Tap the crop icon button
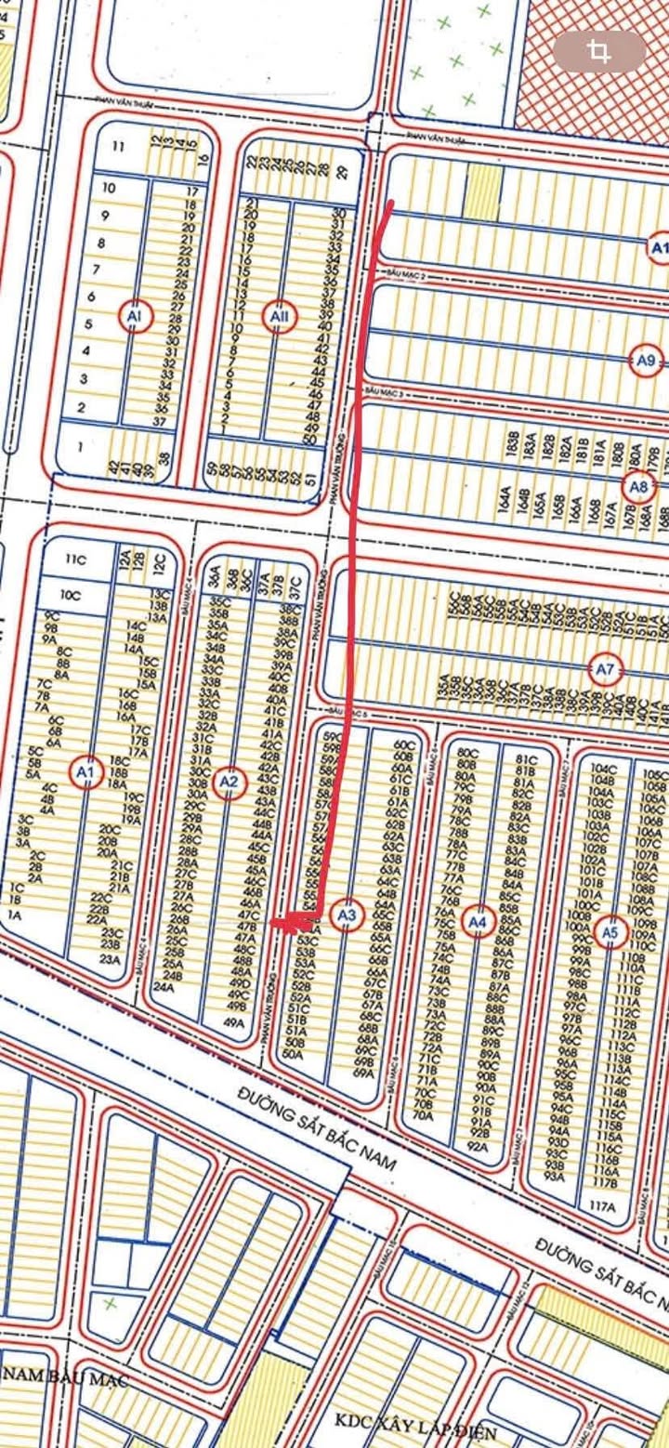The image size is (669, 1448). (x=599, y=52)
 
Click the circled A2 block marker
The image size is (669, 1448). (x=229, y=783)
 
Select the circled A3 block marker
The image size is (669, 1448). (x=348, y=915)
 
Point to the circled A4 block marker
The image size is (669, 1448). (x=478, y=921)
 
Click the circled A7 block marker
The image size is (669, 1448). (x=606, y=668)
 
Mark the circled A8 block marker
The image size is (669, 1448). (x=637, y=485)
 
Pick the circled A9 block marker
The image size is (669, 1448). (x=645, y=359)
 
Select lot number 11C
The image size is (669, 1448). (x=74, y=559)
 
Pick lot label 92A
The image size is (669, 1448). (x=478, y=1148)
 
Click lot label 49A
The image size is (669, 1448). (x=233, y=1024)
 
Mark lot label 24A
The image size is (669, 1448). (x=164, y=988)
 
